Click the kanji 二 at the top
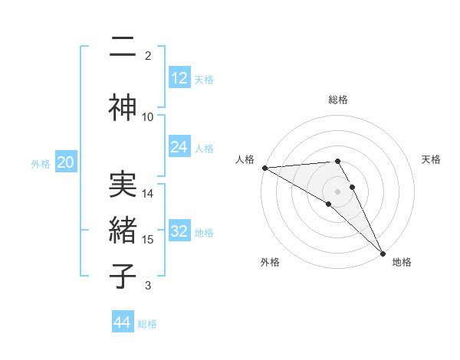tap(123, 48)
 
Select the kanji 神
tap(123, 108)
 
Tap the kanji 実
tap(123, 185)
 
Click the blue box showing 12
tap(179, 78)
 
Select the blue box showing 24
tap(179, 147)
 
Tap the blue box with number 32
tap(179, 231)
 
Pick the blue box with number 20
tap(65, 162)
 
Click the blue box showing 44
tap(123, 322)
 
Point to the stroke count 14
tap(148, 193)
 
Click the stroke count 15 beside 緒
tap(148, 239)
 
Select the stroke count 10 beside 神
tap(148, 116)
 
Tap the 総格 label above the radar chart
tap(338, 100)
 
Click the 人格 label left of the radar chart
tap(245, 159)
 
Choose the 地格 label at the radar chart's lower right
tap(402, 262)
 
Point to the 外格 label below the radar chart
tap(270, 262)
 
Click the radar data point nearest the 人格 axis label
tap(264, 168)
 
